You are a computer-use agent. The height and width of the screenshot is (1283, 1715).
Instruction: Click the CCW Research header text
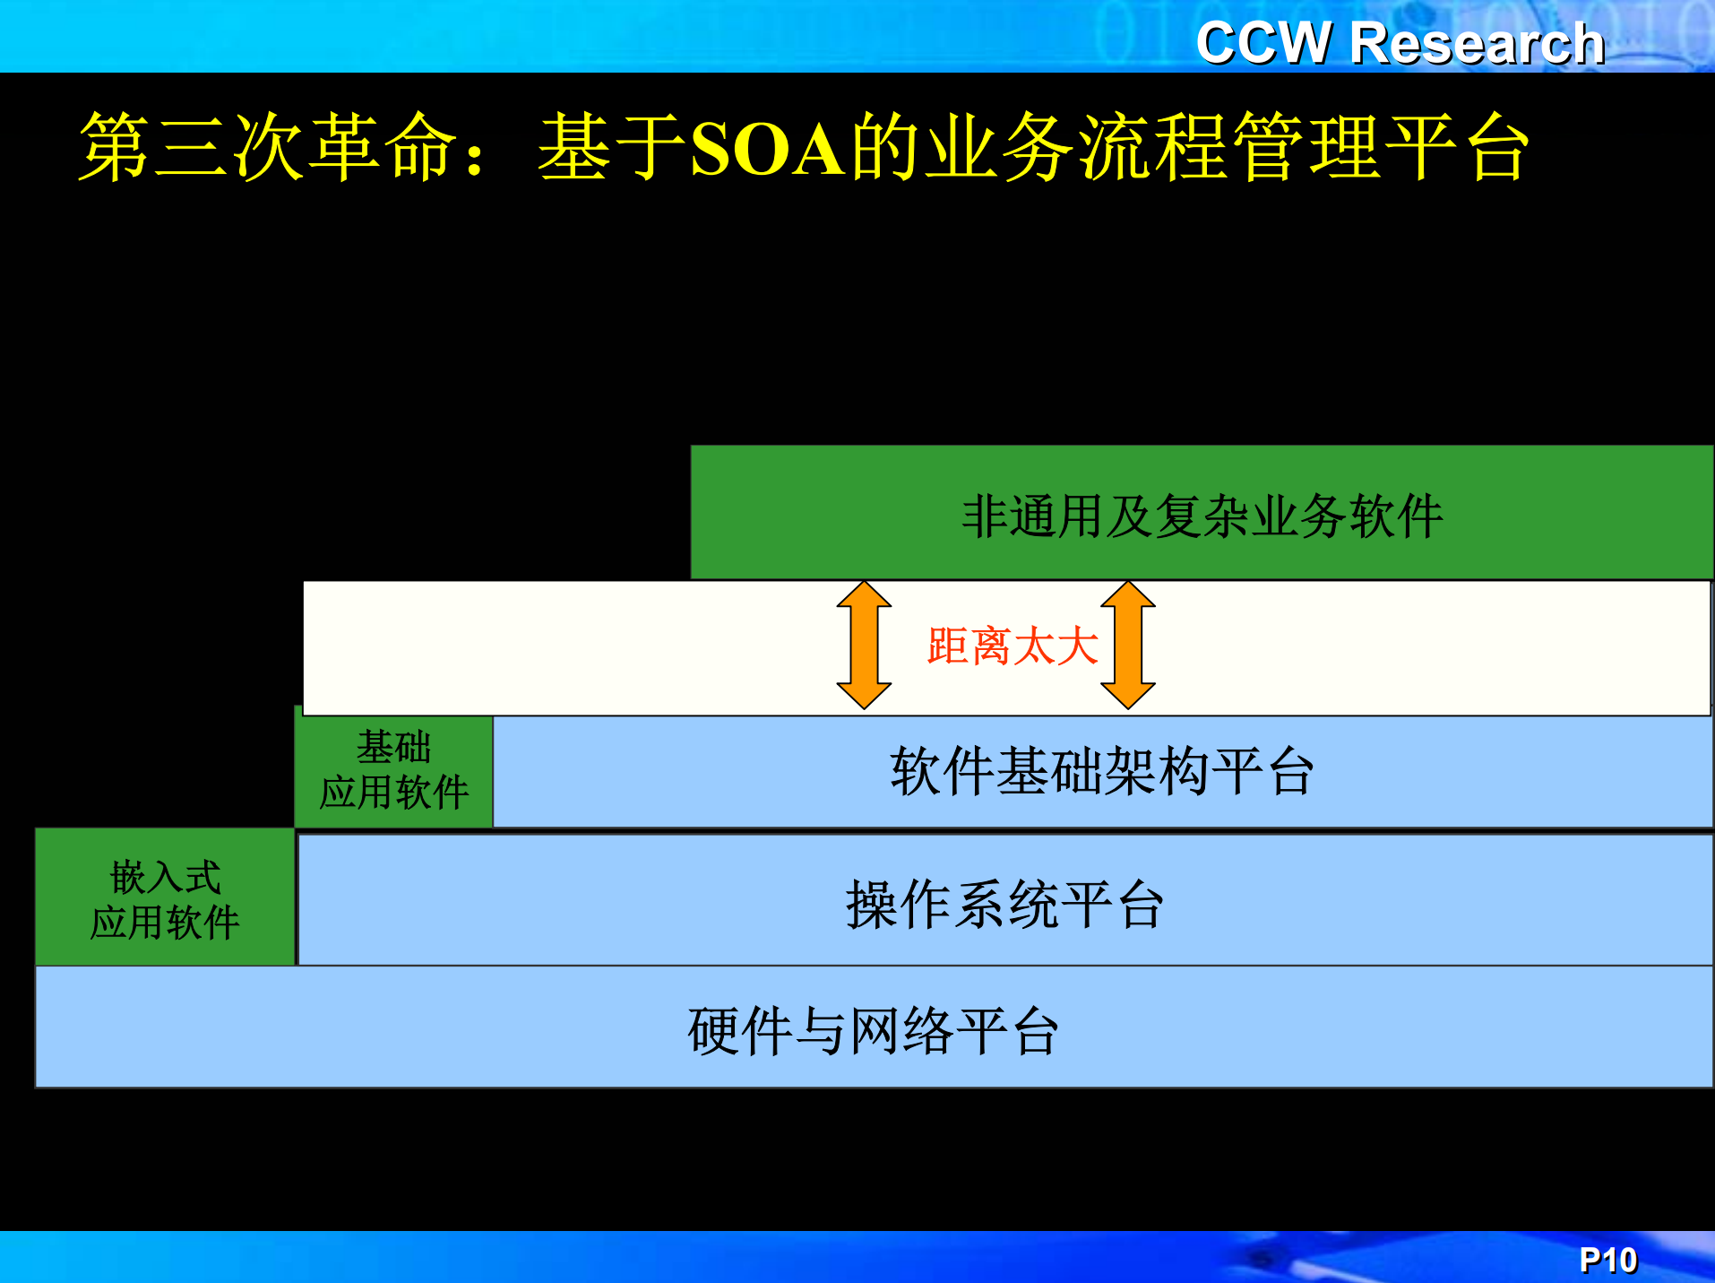1400,43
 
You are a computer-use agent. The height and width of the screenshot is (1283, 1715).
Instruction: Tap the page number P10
1607,1260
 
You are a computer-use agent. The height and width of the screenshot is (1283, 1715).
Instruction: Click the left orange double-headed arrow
864,646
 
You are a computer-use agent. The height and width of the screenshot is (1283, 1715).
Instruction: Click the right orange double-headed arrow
1127,646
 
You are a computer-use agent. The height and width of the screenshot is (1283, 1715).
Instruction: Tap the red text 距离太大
1013,646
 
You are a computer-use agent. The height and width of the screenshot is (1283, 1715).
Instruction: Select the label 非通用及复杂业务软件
1202,516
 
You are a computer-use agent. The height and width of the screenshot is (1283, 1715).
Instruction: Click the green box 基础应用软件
394,769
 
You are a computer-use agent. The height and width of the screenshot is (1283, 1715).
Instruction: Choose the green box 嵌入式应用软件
165,898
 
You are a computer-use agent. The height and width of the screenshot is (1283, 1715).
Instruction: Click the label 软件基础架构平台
1102,771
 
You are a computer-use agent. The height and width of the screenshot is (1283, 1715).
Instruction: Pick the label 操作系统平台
1004,904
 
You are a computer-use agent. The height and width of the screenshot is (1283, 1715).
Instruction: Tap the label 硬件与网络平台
874,1030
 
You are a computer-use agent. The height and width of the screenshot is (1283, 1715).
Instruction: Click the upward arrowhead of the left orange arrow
864,595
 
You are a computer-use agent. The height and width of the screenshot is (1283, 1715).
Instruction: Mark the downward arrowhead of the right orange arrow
1127,695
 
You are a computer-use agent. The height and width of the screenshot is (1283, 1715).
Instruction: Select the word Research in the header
1477,43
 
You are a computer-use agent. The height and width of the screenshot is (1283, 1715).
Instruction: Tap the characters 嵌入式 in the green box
165,877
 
